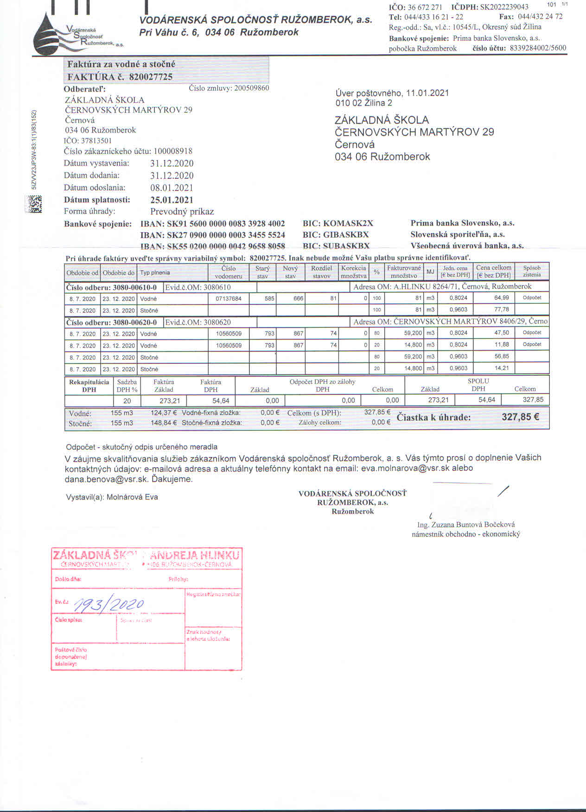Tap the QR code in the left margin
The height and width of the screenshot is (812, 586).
point(34,204)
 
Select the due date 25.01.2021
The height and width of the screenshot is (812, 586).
point(172,200)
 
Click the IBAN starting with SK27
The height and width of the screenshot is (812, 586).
point(212,235)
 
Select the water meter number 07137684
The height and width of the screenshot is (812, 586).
point(229,298)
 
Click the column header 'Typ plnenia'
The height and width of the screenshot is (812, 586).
point(155,273)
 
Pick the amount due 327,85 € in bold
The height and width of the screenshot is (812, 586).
point(520,417)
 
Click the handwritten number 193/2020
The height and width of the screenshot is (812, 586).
point(109,603)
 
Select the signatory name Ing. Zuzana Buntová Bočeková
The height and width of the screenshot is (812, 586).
point(466,525)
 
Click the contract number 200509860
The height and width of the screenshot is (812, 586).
point(252,88)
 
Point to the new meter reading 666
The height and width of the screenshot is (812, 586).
point(298,298)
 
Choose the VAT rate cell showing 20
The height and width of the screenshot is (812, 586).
point(127,400)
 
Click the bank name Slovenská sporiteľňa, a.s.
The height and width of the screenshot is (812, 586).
point(458,235)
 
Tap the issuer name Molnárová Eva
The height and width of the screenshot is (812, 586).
point(132,497)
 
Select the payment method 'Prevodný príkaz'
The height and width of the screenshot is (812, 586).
point(182,212)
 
